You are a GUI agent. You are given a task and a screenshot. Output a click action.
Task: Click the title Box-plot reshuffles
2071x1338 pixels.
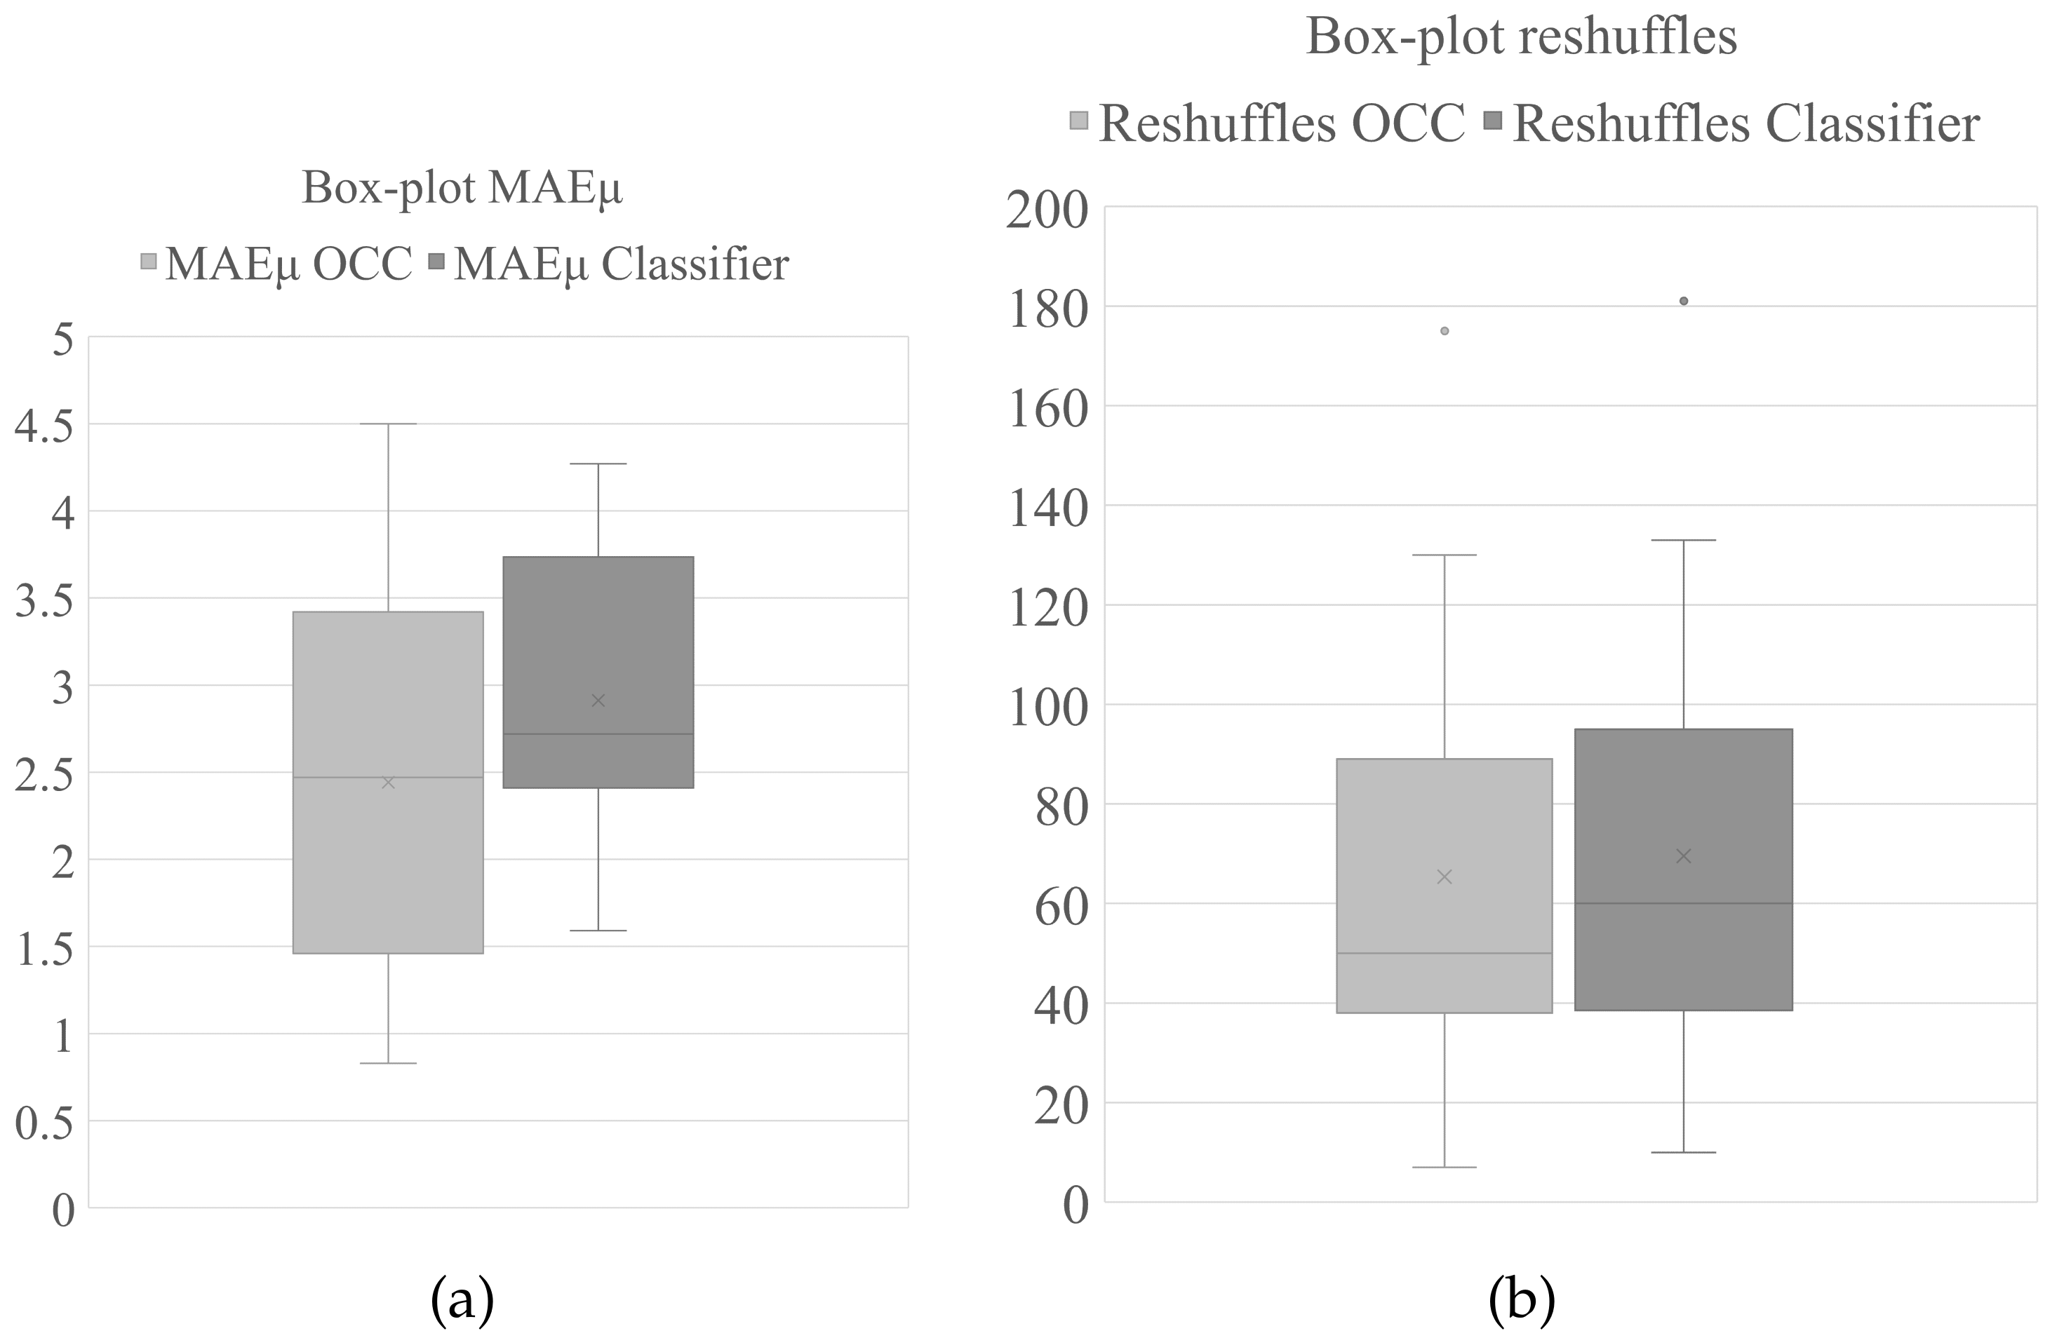(x=1521, y=37)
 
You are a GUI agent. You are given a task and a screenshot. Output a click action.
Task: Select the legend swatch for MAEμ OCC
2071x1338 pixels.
(x=149, y=261)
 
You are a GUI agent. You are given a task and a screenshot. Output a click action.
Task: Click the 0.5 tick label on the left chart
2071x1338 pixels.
(x=45, y=1123)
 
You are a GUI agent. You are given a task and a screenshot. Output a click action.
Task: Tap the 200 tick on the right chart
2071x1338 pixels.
(x=1047, y=210)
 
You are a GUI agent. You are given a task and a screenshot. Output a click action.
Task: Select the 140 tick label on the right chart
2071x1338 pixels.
(x=1047, y=508)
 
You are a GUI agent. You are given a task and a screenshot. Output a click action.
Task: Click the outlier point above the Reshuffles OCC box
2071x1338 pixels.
(x=1445, y=331)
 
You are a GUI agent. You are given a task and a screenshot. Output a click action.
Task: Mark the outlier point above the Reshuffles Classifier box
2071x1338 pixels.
(x=1684, y=302)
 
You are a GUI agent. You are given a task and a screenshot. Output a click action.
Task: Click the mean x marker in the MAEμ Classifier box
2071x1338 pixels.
(x=598, y=701)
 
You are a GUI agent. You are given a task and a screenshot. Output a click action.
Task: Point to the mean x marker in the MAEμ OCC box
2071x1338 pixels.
(x=389, y=783)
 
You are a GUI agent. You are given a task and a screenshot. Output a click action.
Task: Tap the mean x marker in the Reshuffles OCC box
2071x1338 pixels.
(x=1445, y=877)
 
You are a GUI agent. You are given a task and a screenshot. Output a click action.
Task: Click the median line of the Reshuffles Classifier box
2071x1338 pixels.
(x=1684, y=904)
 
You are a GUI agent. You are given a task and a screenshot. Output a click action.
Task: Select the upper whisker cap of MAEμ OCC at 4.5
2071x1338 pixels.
(x=389, y=424)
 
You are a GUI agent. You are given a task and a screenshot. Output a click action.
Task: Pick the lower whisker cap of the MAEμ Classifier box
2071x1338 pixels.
(x=598, y=931)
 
